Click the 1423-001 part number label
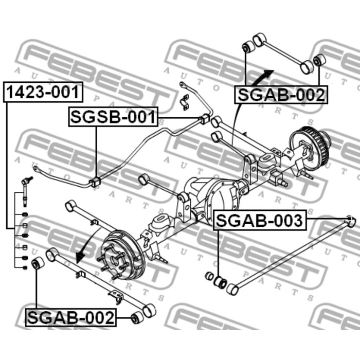click(x=43, y=92)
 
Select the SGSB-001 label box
click(x=114, y=117)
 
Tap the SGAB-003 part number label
click(x=260, y=220)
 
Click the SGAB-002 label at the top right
click(x=281, y=95)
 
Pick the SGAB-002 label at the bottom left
click(x=71, y=317)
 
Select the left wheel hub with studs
click(x=122, y=255)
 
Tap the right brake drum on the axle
click(x=310, y=145)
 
